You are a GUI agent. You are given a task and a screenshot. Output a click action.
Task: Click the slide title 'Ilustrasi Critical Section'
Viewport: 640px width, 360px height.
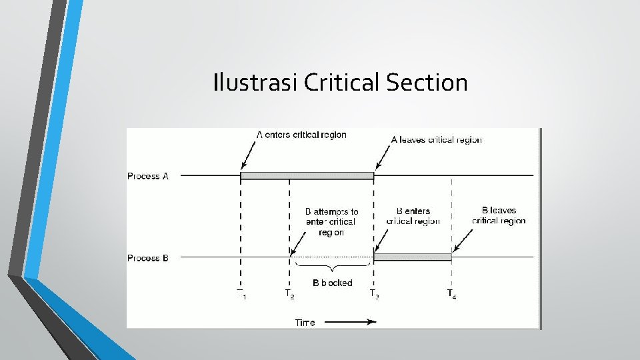tap(340, 83)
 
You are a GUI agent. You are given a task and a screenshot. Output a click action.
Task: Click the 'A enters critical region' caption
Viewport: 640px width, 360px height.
tap(301, 135)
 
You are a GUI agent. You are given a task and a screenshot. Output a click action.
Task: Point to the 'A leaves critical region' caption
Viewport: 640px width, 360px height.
tap(436, 140)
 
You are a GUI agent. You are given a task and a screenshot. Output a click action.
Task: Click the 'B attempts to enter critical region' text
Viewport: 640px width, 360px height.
tap(331, 221)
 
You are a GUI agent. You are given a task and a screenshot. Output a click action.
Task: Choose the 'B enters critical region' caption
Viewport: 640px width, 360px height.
tap(413, 216)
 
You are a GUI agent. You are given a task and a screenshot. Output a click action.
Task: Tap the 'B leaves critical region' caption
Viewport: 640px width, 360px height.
tap(499, 215)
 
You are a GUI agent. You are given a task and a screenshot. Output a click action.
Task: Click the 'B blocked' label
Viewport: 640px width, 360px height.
tap(332, 283)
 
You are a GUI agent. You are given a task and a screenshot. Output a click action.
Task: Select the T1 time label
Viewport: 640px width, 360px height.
tap(241, 293)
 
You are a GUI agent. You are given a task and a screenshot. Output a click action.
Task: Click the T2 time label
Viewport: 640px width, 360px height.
tap(289, 293)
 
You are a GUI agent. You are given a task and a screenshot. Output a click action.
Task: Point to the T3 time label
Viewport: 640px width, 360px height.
tap(374, 293)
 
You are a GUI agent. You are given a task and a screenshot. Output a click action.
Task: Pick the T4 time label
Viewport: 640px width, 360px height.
tap(451, 293)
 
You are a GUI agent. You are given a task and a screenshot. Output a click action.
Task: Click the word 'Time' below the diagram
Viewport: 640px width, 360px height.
tap(305, 323)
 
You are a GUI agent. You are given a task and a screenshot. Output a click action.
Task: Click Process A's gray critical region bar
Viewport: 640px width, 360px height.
tap(307, 176)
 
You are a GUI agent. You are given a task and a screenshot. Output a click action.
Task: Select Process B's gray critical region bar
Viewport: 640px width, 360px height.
tap(413, 257)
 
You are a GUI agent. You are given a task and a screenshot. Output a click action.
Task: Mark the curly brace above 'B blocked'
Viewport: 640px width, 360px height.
tap(332, 267)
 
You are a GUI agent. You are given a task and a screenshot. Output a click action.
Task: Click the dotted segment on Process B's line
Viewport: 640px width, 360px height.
tap(331, 257)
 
